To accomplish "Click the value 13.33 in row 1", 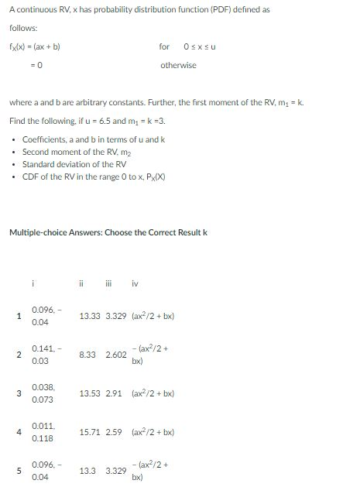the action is [x=90, y=317].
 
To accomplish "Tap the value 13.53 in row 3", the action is [x=91, y=393].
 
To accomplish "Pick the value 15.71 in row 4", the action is [x=91, y=431].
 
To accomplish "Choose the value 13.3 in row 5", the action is [x=88, y=470].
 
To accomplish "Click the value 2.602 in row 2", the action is [x=115, y=355].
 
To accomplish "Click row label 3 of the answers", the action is [x=17, y=393].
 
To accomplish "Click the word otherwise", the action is [x=178, y=65].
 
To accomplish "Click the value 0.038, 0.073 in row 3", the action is [x=43, y=393].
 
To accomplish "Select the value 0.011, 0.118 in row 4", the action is [x=43, y=431].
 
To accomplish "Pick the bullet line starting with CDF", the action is [x=94, y=177].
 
